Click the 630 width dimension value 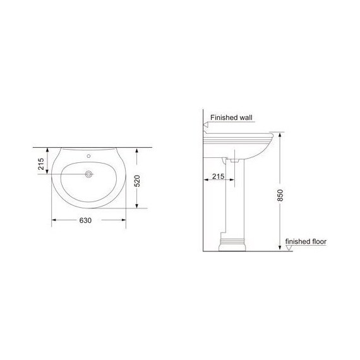click(x=85, y=220)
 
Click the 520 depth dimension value click(x=137, y=181)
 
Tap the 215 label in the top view click(x=41, y=164)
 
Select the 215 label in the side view click(x=218, y=176)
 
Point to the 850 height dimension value click(x=280, y=195)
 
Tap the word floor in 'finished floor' click(x=319, y=241)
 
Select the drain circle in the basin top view click(x=88, y=174)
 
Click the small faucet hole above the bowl click(x=88, y=156)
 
